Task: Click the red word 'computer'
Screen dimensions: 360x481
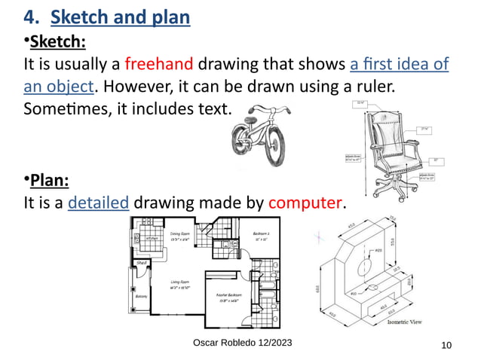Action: coord(306,203)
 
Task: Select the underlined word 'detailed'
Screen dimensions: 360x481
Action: coord(99,203)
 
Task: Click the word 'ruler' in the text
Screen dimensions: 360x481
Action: coord(372,87)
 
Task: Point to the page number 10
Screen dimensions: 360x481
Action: coord(446,345)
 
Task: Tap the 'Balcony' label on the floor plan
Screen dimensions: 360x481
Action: coord(141,296)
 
